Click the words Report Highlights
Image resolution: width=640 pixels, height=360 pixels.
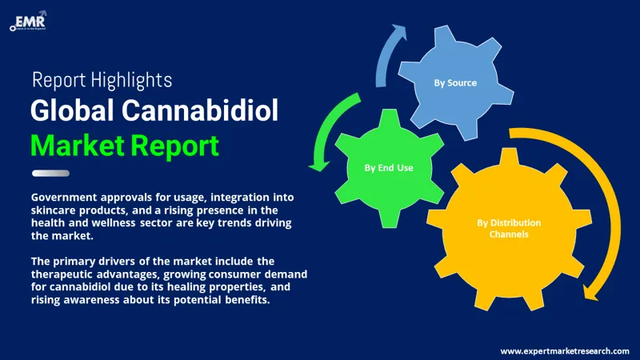click(101, 79)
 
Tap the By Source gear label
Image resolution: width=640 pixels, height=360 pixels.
click(455, 82)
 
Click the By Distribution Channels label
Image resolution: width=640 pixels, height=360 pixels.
click(510, 228)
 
